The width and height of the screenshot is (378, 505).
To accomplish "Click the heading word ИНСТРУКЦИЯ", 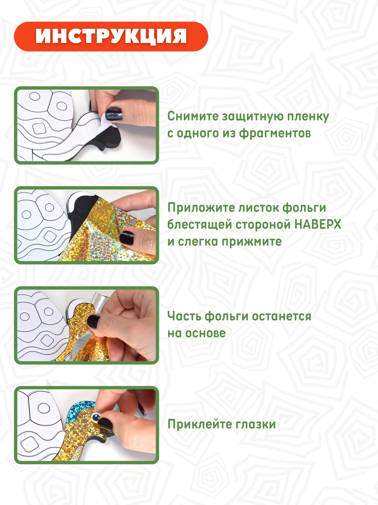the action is (x=111, y=36).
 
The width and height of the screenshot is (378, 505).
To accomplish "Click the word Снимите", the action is (x=193, y=116).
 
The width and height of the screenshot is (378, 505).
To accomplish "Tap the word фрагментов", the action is (x=275, y=134).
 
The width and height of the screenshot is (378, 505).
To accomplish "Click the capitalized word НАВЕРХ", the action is (x=318, y=224).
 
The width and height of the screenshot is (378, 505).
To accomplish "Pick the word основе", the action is (x=205, y=334).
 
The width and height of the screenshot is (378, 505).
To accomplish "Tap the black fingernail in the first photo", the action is (x=114, y=114).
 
